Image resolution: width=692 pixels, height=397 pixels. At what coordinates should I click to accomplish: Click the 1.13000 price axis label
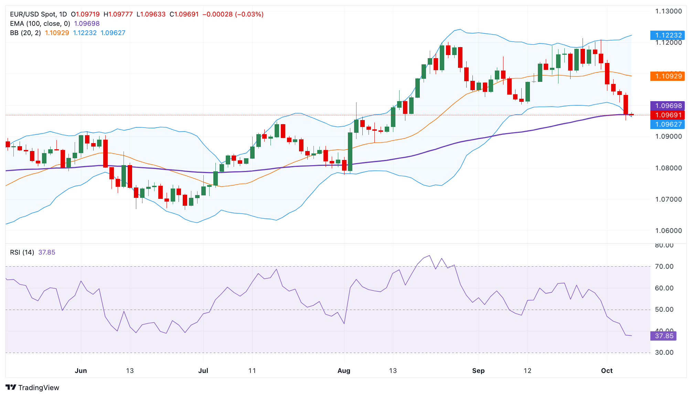(668, 11)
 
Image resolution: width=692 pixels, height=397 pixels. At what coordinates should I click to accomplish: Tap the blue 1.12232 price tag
(668, 35)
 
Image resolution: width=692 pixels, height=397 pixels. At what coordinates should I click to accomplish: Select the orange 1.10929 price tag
(668, 76)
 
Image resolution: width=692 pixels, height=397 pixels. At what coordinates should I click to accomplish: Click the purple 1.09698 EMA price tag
(668, 106)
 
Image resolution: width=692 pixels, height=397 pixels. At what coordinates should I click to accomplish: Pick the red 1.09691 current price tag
(668, 115)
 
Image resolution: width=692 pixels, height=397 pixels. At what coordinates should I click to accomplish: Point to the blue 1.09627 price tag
(668, 124)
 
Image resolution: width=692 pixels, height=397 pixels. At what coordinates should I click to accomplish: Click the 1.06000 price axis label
(668, 230)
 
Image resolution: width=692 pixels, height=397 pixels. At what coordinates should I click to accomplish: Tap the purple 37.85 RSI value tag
(663, 336)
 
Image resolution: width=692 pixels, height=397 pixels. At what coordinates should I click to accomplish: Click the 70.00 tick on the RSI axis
(664, 266)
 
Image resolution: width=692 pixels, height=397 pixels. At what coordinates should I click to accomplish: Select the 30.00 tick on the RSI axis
(664, 352)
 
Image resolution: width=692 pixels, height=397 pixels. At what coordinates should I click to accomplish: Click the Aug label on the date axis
(344, 371)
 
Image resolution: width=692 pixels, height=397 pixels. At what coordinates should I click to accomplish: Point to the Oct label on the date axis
(607, 371)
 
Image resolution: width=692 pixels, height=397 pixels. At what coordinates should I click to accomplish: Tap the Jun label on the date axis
(81, 371)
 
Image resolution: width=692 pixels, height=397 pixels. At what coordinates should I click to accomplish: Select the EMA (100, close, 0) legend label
(40, 23)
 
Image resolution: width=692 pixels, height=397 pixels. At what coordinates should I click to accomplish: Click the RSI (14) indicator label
(22, 252)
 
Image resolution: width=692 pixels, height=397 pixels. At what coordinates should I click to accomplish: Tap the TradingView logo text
(39, 387)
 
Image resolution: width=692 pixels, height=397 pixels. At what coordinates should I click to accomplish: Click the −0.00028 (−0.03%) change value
(233, 14)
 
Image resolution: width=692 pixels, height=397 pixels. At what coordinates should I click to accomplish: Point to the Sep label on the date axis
(478, 371)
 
